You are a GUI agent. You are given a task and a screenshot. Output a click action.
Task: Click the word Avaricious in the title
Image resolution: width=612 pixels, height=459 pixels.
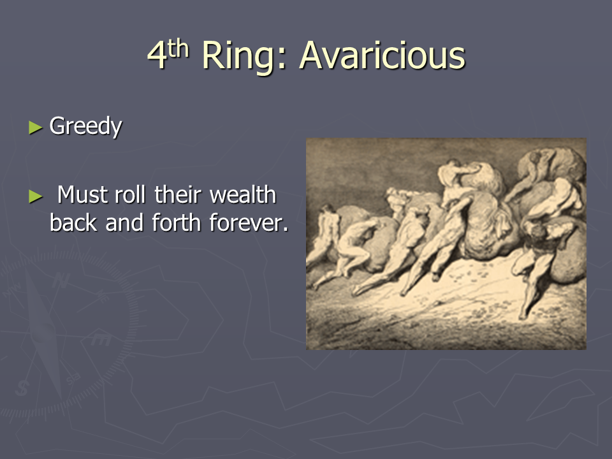coord(382,55)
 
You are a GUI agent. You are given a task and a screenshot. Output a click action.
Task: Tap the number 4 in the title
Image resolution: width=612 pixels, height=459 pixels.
coord(157,55)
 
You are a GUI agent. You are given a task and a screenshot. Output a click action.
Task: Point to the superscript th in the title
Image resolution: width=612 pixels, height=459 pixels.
coord(178,48)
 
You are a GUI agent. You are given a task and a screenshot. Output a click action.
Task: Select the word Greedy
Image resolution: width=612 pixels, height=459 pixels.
coord(85,126)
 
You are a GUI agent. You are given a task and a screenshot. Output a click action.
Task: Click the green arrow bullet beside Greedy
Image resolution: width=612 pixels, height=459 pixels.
coord(36,127)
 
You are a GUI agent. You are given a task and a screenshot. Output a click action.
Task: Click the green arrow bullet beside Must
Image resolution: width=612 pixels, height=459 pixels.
coord(36,196)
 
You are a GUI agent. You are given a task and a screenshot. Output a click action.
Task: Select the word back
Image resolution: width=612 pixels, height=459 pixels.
coord(73,222)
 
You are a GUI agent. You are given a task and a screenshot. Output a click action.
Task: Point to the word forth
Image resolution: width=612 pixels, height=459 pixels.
coord(177,222)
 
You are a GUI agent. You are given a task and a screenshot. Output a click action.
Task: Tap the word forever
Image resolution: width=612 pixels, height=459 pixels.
coord(245,222)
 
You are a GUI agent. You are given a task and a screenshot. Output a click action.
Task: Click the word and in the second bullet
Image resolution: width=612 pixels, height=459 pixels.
coord(124,222)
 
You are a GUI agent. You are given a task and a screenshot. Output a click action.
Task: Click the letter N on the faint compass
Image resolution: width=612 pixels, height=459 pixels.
coord(61,280)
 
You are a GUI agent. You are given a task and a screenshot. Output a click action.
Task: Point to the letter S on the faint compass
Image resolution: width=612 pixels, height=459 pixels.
coord(22,388)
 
